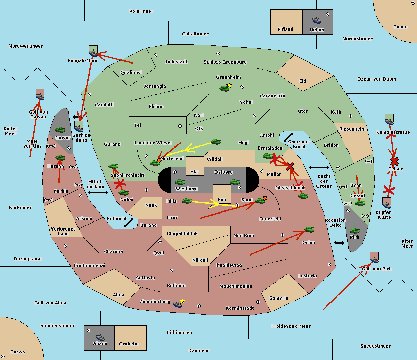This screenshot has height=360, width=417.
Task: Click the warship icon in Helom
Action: pyautogui.click(x=317, y=20)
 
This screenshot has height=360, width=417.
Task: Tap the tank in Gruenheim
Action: pyautogui.click(x=224, y=88)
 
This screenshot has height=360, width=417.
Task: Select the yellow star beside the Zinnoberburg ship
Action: pyautogui.click(x=182, y=301)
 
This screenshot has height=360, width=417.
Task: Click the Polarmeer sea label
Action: pyautogui.click(x=141, y=11)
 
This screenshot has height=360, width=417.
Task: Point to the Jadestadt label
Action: pyautogui.click(x=176, y=62)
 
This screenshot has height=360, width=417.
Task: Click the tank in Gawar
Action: pyautogui.click(x=60, y=129)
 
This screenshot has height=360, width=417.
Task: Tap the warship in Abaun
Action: pyautogui.click(x=100, y=337)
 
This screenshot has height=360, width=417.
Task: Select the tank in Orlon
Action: pyautogui.click(x=310, y=229)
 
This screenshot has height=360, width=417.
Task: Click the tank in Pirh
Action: pyautogui.click(x=354, y=231)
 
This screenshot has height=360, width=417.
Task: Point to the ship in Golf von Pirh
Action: pyautogui.click(x=375, y=260)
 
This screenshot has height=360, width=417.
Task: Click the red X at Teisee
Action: pyautogui.click(x=394, y=161)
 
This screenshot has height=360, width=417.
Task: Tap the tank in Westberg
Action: pyautogui.click(x=180, y=182)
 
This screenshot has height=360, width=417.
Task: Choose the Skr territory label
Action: pyautogui.click(x=195, y=171)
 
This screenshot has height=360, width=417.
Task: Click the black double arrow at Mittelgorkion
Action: pyautogui.click(x=98, y=192)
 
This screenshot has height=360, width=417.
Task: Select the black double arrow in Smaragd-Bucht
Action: pyautogui.click(x=288, y=137)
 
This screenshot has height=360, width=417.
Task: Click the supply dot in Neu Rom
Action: pyautogui.click(x=283, y=235)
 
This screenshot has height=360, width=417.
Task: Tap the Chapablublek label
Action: pyautogui.click(x=182, y=233)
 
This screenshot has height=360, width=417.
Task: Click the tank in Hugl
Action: pyautogui.click(x=215, y=142)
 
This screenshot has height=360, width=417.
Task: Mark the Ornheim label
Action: pyautogui.click(x=129, y=344)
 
